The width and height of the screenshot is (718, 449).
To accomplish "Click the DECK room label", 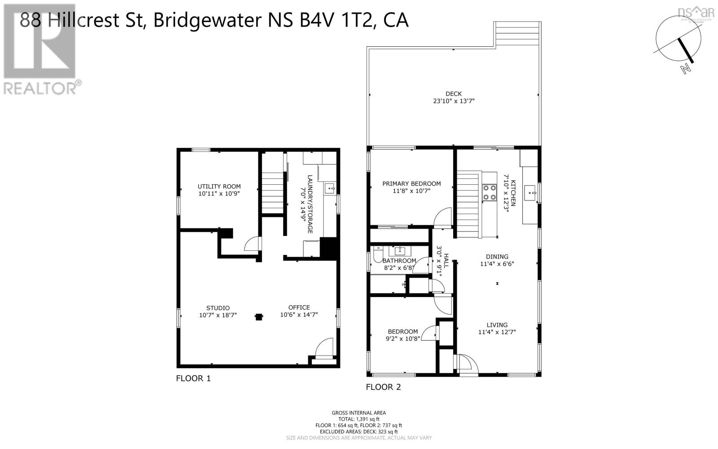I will click(x=453, y=93).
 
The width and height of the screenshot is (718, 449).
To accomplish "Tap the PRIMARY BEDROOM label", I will click(x=411, y=183).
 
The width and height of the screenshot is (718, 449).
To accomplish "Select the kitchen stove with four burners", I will click(x=489, y=192).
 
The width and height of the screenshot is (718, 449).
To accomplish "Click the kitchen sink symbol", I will click(x=532, y=193).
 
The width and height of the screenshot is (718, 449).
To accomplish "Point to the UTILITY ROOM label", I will click(x=219, y=186).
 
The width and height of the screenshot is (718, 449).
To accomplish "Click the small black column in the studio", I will click(x=258, y=317).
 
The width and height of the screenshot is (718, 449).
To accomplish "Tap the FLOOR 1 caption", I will click(x=193, y=378).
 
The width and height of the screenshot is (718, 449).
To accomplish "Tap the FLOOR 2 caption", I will click(x=383, y=387).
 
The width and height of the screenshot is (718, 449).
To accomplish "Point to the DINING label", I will click(x=497, y=257).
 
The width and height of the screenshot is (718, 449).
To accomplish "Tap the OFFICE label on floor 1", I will click(x=299, y=307).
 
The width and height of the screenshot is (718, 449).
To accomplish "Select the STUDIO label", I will click(x=218, y=308).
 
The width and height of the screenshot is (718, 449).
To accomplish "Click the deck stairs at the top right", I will click(x=517, y=34).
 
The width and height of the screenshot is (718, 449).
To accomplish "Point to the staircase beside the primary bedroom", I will click(x=468, y=205).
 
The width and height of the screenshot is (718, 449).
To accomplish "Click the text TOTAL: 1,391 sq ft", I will click(x=359, y=419).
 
